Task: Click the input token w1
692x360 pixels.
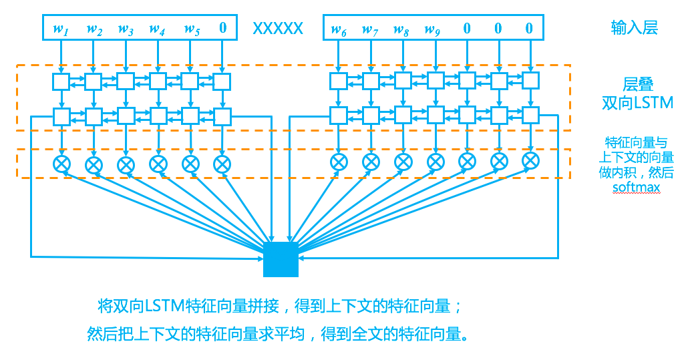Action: pos(61,29)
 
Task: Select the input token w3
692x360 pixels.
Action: pos(126,29)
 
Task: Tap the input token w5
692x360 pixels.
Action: pos(192,29)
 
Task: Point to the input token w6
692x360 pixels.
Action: pos(339,29)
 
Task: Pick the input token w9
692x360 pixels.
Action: pos(434,29)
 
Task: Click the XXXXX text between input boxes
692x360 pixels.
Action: pos(278,29)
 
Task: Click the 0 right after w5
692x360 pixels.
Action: pos(222,28)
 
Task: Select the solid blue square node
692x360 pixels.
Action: pos(281,259)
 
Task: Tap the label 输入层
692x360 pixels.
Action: pos(634,27)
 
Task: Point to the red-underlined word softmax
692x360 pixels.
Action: pos(636,187)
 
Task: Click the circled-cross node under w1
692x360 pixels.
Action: pos(61,163)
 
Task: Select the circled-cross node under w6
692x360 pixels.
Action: pos(339,162)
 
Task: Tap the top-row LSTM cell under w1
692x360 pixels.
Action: pos(61,81)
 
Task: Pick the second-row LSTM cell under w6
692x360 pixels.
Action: pos(339,116)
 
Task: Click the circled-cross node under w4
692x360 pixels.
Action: pos(158,163)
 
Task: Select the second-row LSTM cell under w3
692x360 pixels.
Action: pos(126,116)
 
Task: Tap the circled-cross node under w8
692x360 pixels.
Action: pos(403,162)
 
